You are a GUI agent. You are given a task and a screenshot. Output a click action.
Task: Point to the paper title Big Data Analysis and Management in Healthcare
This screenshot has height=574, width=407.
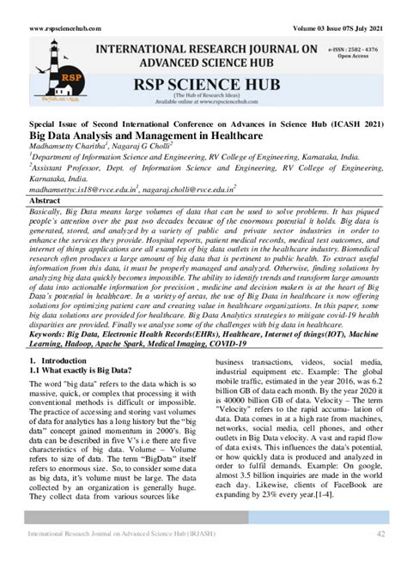[136, 136]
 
